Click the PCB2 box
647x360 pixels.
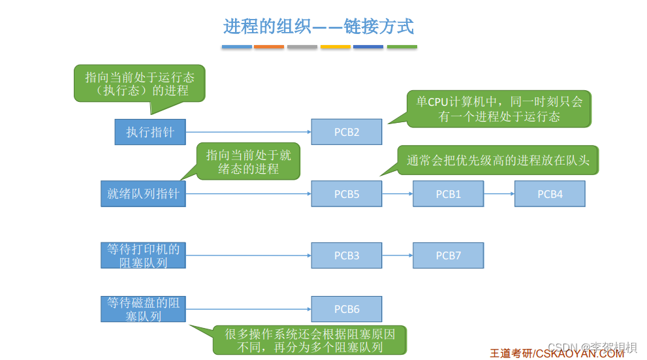coord(346,132)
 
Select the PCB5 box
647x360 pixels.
coord(346,194)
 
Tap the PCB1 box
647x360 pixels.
coord(448,194)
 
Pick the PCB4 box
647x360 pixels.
coord(550,194)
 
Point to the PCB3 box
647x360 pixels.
coord(346,255)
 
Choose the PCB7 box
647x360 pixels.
coord(448,255)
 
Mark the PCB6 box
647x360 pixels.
coord(346,309)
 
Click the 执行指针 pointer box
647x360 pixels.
coord(150,132)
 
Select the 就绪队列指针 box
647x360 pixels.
coord(143,194)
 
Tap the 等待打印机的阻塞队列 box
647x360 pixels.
coord(143,255)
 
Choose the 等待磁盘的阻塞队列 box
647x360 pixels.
coord(143,309)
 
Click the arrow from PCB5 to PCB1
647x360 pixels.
coord(397,194)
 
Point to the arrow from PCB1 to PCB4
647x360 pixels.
coord(499,194)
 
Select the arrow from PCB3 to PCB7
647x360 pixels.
coord(397,255)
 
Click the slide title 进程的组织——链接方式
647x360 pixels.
coord(319,27)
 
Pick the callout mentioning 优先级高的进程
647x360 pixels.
coord(498,160)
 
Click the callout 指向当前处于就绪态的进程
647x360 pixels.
coord(248,161)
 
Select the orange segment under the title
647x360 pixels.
coord(269,47)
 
